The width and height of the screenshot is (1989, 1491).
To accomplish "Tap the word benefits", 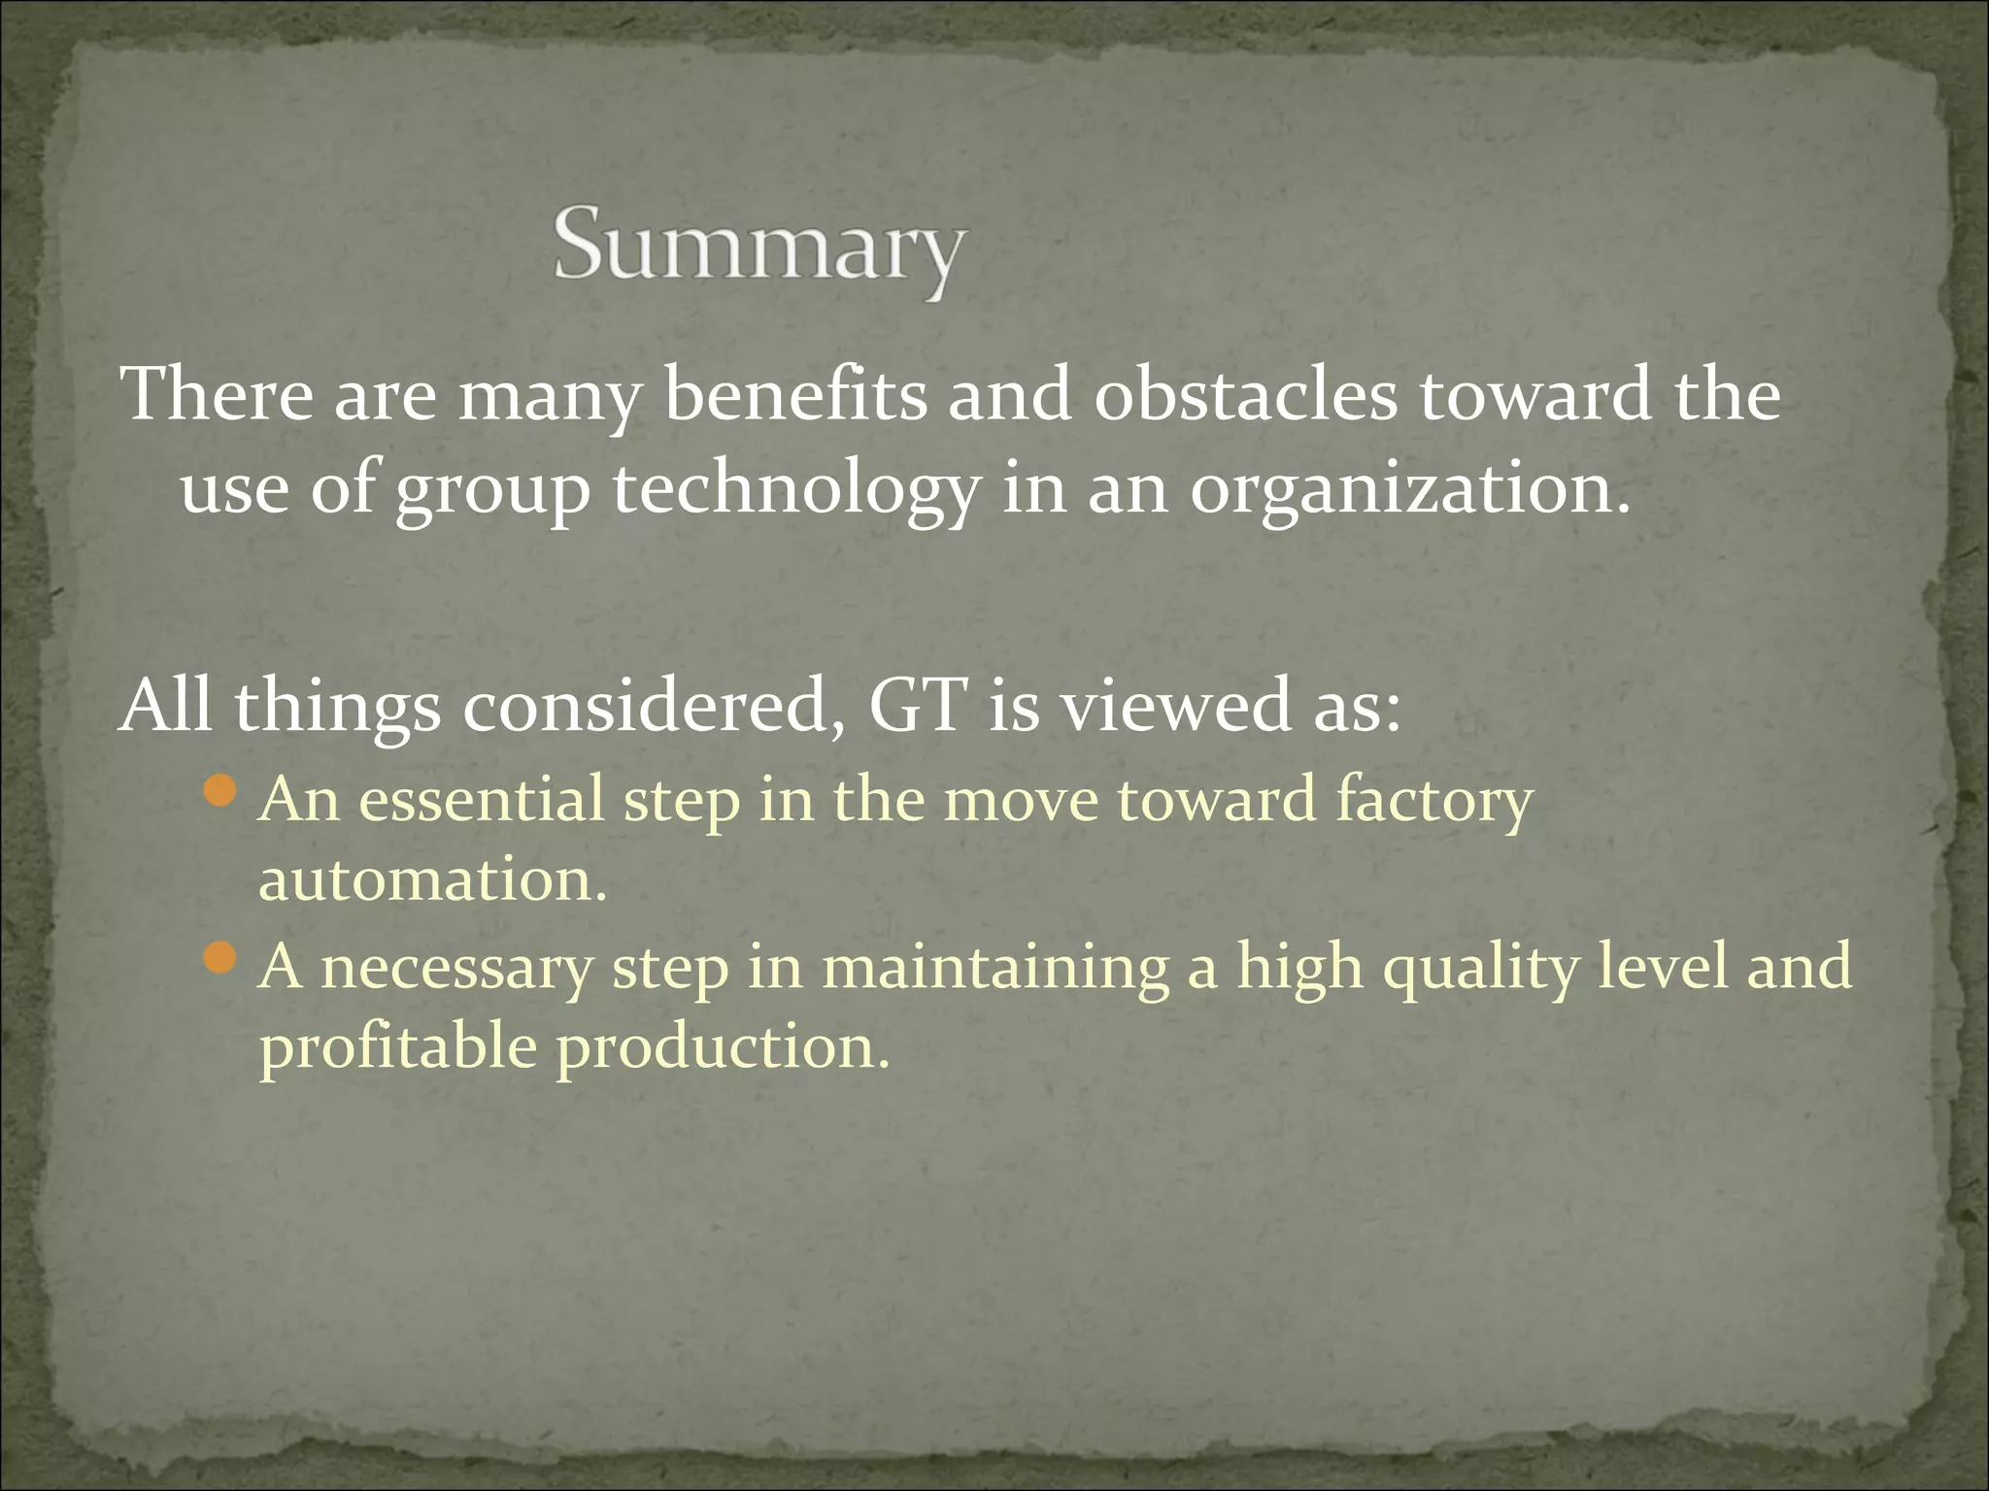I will pos(795,396).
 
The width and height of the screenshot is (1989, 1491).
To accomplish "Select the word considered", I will pos(653,706).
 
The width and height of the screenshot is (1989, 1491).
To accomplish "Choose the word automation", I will pos(432,879).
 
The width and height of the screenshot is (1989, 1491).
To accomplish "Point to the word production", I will pos(723,1048).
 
